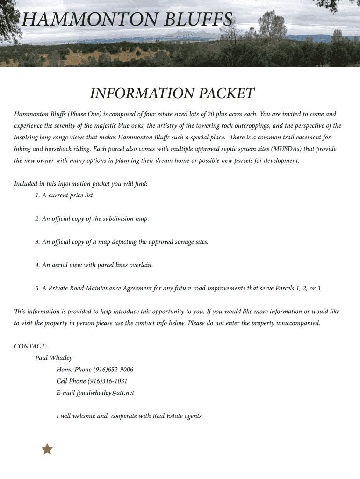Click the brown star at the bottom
[47, 450]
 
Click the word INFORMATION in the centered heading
[143, 94]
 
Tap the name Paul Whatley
[54, 358]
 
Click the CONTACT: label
[30, 346]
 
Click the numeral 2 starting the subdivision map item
[37, 218]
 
